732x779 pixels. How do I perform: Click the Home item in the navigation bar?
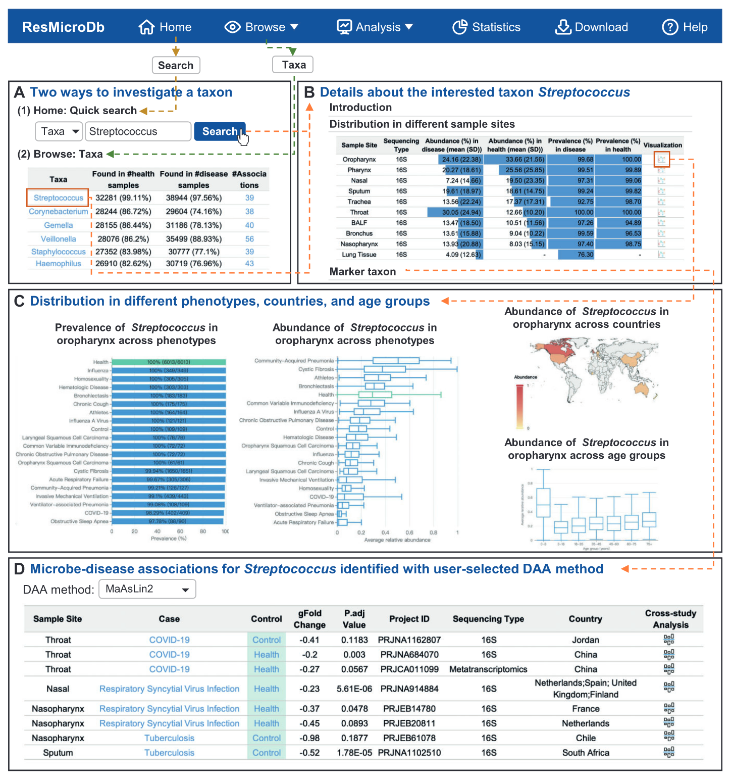165,27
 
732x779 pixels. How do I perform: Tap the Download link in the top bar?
592,27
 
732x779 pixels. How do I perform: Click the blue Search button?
220,131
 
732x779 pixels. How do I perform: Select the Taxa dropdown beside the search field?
59,132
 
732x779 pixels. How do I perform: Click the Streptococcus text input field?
138,132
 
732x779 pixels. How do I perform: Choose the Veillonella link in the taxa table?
59,239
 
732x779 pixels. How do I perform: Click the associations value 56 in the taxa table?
249,239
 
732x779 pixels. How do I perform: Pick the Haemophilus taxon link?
59,264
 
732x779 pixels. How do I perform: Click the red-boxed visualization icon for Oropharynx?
661,160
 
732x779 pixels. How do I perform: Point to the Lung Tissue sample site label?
359,255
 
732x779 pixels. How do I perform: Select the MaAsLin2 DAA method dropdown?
147,589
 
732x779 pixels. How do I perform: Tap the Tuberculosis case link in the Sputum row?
169,753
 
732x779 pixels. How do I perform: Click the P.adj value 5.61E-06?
354,689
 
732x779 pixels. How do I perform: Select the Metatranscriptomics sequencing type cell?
488,669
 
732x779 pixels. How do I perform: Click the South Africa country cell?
586,753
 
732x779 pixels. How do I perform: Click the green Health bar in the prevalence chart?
169,362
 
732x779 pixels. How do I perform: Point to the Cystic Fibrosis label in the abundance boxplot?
316,369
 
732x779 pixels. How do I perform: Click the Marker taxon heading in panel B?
362,272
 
